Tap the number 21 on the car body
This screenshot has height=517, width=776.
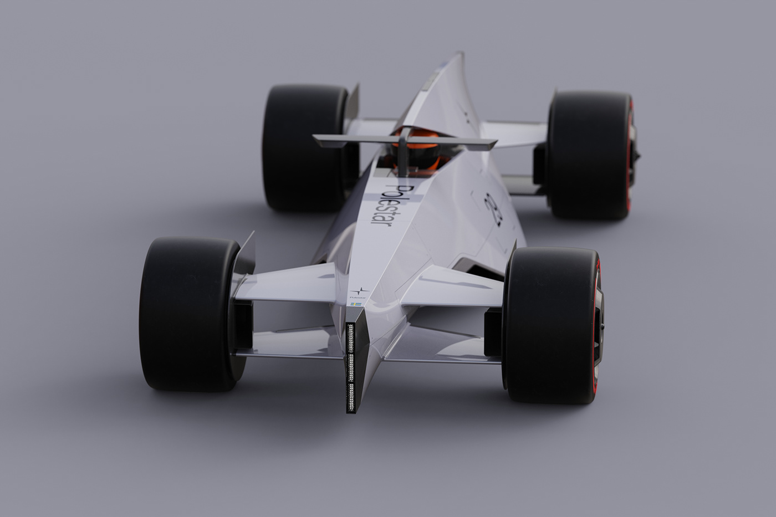pos(493,209)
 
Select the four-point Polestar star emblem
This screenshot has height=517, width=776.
pos(359,291)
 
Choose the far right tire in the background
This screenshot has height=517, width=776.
pos(588,155)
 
